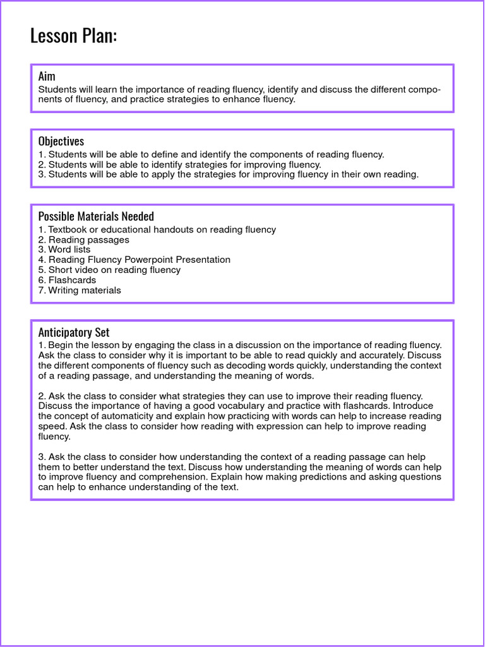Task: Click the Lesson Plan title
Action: [73, 36]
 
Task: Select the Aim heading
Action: [47, 76]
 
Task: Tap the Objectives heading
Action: [61, 141]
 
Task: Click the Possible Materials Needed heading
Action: [96, 216]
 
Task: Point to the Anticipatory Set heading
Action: [73, 332]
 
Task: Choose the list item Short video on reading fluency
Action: [114, 270]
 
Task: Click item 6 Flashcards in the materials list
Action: [72, 280]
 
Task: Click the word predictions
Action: [347, 477]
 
